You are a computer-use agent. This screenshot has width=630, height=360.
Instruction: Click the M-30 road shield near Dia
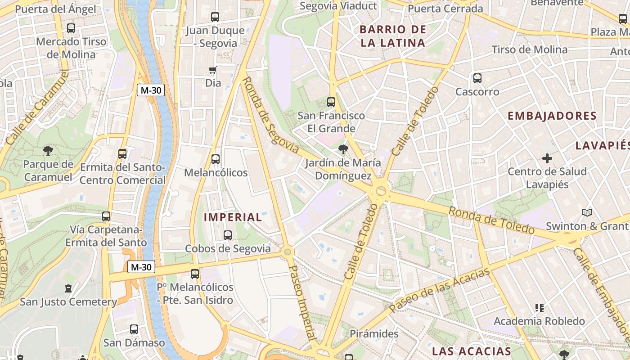coord(151,90)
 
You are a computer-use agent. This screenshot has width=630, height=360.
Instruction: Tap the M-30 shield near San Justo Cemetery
coord(142,267)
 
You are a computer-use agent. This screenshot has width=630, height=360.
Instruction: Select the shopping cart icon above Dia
coord(212,70)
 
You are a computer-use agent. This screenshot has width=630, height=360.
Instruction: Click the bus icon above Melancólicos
coord(216,159)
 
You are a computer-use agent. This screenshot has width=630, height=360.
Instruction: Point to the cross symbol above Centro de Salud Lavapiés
coord(547,158)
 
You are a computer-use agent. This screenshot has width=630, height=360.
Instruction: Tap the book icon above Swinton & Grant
coord(587,212)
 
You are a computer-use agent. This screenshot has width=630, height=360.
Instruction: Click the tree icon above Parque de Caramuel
coord(48,150)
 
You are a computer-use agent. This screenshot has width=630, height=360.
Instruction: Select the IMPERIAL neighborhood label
coord(233,217)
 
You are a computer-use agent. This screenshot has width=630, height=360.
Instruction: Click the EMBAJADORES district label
coord(552,116)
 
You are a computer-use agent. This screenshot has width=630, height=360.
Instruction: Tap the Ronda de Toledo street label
coord(491,220)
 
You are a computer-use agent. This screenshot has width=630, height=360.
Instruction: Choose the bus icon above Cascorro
coord(477,78)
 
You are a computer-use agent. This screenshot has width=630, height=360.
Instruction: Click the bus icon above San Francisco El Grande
coord(331,102)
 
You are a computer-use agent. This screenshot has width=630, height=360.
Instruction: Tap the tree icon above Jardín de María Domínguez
coord(343,149)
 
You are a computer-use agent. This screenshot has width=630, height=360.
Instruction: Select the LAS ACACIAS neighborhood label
coord(472,351)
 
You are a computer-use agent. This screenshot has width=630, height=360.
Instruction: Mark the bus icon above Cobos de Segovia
coord(228,235)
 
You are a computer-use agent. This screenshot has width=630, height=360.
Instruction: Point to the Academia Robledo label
coord(539,321)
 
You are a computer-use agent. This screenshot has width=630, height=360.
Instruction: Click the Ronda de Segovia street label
coord(270,115)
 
